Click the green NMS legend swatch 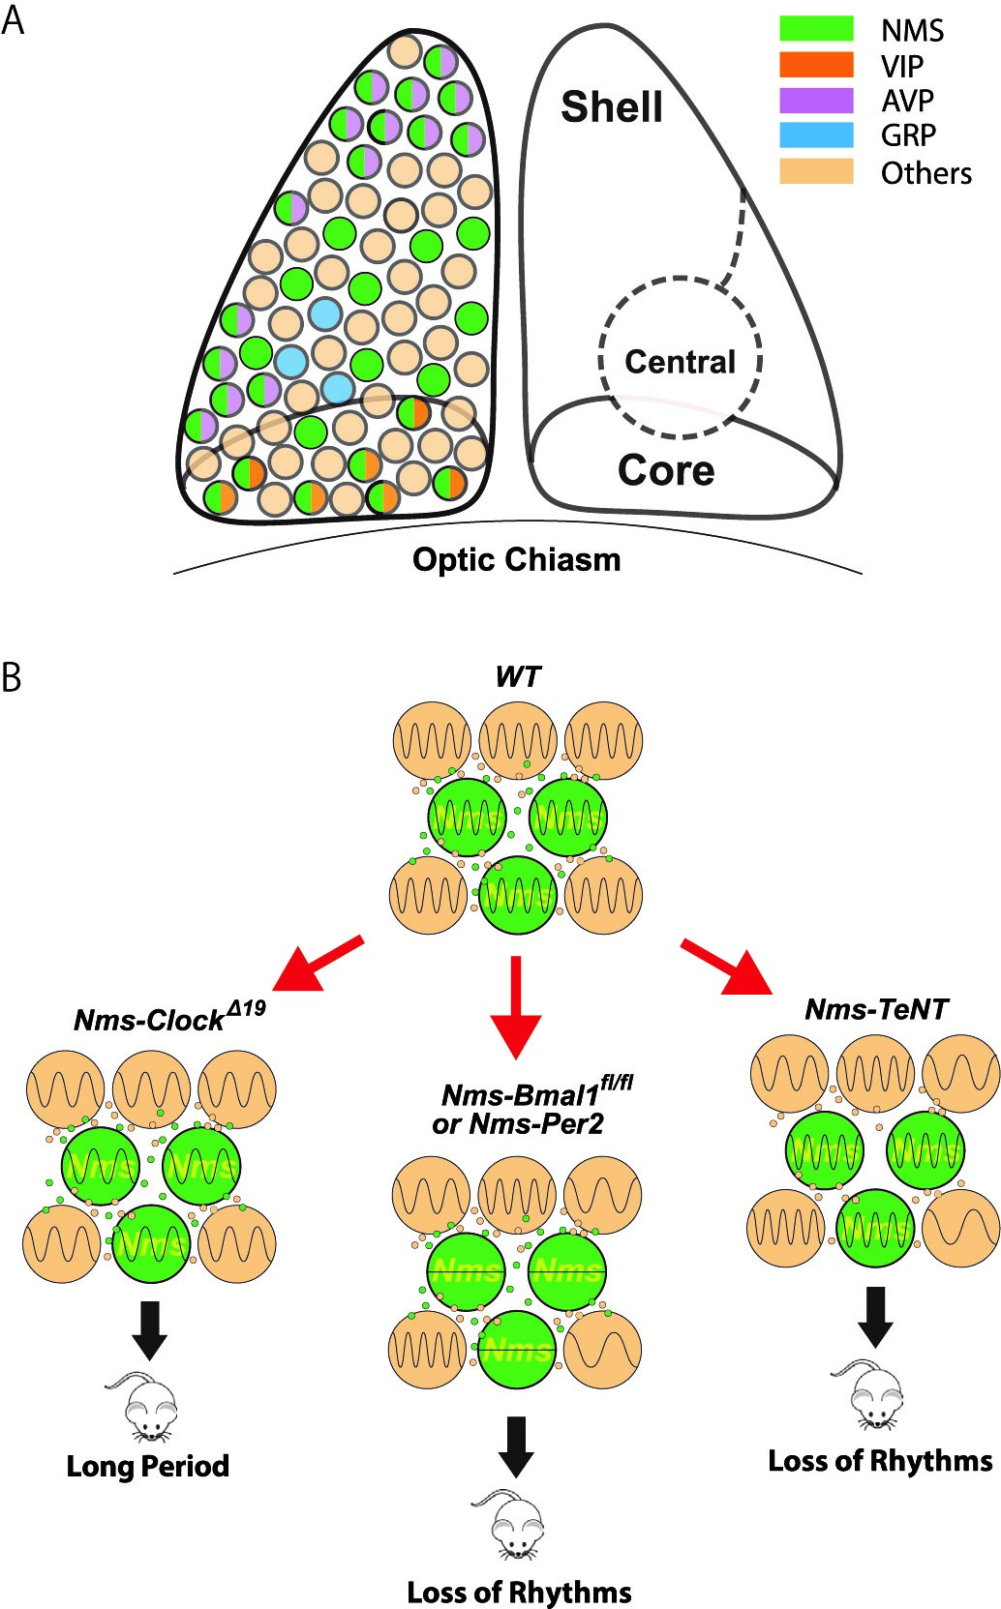point(816,28)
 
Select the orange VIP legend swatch point(816,64)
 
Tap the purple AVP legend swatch point(816,100)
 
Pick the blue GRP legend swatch point(816,134)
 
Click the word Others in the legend point(925,173)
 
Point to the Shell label point(612,107)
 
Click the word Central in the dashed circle point(680,362)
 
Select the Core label point(666,470)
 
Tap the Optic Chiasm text point(516,559)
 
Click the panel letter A point(14,20)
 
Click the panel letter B point(13,678)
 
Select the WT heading point(517,676)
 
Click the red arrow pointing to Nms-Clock point(318,964)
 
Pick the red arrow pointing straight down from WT point(516,1006)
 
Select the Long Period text point(147,1466)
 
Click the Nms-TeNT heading point(876,1009)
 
